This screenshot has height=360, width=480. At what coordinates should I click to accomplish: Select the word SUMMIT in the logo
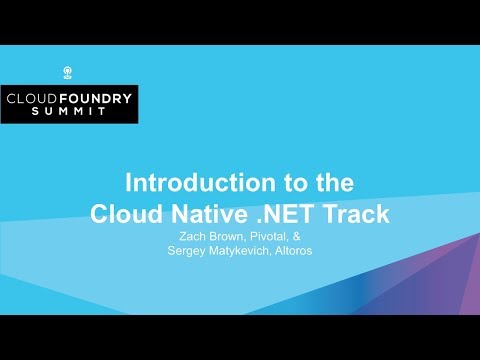point(68,115)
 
